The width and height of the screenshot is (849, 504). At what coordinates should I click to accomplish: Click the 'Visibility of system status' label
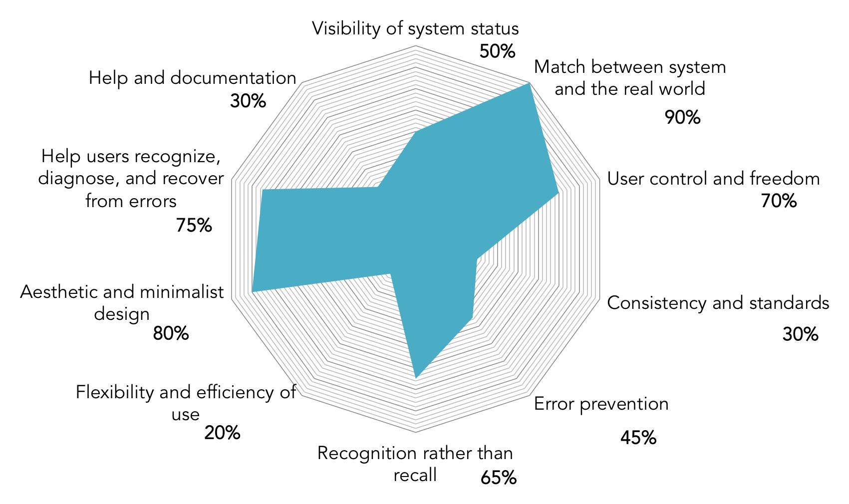pos(415,28)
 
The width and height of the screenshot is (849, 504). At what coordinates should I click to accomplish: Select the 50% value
pos(497,51)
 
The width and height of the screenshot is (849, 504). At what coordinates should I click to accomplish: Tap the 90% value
pos(682,117)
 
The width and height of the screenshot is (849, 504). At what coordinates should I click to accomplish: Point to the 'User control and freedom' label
pos(713,179)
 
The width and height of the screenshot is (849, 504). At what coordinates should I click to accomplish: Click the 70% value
pos(779,201)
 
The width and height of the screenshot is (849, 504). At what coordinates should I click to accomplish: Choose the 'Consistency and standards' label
pos(718,303)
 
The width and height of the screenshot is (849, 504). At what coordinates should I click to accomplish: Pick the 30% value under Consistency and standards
pos(800,334)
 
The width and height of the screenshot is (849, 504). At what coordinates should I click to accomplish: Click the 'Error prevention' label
pos(601,404)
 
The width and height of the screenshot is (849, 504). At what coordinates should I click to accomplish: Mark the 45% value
pos(638,438)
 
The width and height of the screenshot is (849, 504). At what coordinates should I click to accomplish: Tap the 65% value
pos(498,478)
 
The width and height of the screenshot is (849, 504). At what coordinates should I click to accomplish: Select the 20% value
pos(222,433)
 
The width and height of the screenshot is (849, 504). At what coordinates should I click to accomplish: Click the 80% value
pos(171,333)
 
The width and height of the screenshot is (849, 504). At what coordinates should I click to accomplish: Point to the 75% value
pos(194,226)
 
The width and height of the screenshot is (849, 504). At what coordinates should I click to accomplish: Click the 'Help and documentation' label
pos(193,78)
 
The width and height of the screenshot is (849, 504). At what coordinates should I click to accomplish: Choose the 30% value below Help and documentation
pos(248,101)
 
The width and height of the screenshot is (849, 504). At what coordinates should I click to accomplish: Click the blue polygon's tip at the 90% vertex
pos(528,84)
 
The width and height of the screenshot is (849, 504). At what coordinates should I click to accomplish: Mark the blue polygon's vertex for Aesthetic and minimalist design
pos(253,291)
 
